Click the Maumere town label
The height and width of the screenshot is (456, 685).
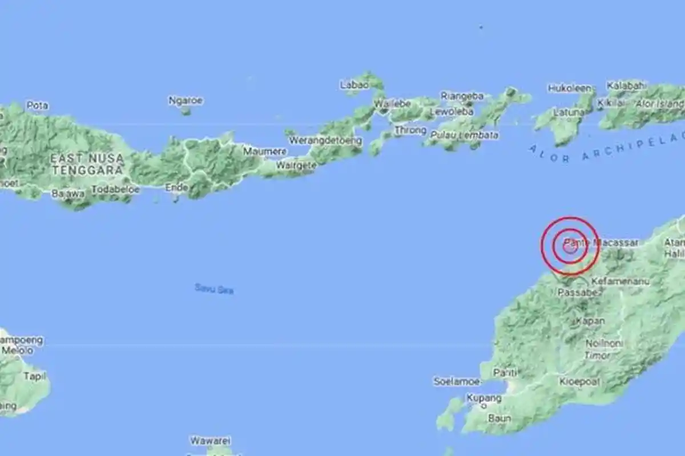265,152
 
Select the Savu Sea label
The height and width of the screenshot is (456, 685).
214,289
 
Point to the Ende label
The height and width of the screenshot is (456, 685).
176,187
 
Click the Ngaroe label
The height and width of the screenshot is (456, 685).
186,100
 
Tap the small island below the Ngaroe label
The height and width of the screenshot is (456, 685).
186,111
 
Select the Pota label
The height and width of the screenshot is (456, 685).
37,105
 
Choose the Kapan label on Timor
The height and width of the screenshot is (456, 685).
590,321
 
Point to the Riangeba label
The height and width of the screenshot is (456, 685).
462,96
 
